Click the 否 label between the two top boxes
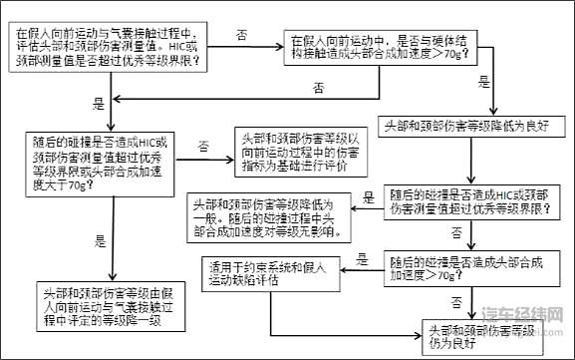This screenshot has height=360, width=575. point(242,34)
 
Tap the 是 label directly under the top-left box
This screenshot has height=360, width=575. point(97,103)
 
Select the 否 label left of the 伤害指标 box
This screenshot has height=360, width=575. point(203,146)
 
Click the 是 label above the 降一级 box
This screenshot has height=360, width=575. point(99,240)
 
